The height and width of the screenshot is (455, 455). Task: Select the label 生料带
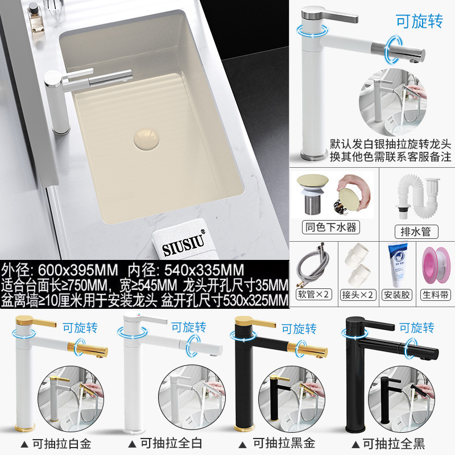(436, 295)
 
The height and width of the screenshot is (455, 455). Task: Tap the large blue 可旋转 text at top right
(418, 21)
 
